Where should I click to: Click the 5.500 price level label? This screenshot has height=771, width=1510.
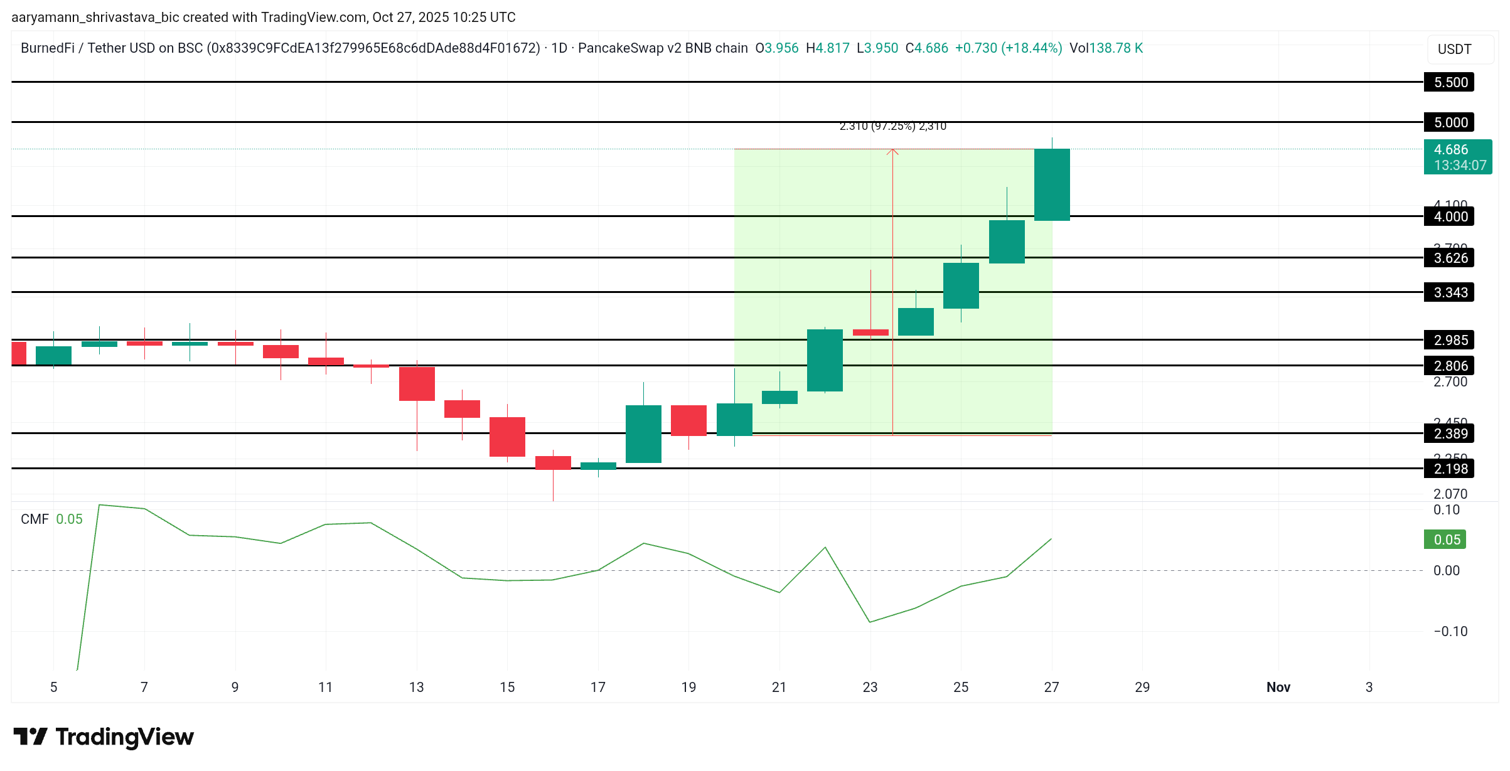[x=1450, y=82]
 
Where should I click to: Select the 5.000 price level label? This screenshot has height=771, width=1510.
[x=1450, y=122]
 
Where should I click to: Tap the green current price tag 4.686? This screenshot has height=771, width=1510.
[x=1457, y=157]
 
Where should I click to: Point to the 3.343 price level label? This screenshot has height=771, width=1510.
[x=1450, y=292]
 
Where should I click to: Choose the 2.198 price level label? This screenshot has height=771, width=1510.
[x=1450, y=469]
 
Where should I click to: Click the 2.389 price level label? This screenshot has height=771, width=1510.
[x=1450, y=433]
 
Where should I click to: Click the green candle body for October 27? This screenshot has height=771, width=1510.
[x=1052, y=184]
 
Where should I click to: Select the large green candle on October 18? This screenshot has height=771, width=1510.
[x=643, y=434]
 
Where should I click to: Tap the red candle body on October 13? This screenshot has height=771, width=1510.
[x=417, y=384]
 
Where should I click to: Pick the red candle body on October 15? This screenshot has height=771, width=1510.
[x=507, y=437]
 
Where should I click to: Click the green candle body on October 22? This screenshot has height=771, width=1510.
[x=825, y=360]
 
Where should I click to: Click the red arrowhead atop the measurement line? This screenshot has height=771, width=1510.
[x=892, y=151]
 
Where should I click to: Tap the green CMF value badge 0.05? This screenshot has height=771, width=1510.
[x=1445, y=540]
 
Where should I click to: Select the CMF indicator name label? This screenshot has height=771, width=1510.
[x=35, y=519]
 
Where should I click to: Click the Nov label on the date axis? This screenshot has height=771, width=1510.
[x=1278, y=687]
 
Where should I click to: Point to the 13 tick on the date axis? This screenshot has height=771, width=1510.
[x=416, y=687]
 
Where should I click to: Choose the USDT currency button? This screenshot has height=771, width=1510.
[x=1454, y=49]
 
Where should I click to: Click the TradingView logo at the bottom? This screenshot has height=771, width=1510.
[x=104, y=736]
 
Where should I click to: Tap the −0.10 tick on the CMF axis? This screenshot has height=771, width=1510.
[x=1450, y=632]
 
